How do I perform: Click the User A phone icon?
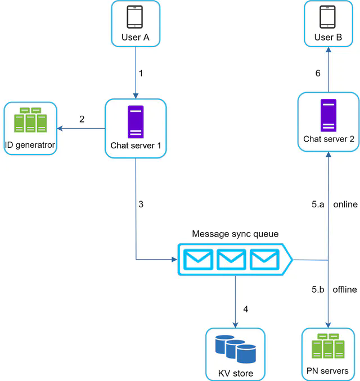pyautogui.click(x=135, y=17)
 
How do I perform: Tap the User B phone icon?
pyautogui.click(x=328, y=17)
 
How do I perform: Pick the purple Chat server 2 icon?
pyautogui.click(x=328, y=115)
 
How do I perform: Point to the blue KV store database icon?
pyautogui.click(x=235, y=348)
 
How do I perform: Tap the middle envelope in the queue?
pyautogui.click(x=230, y=260)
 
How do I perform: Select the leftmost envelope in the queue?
pyautogui.click(x=196, y=260)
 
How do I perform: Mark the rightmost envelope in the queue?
pyautogui.click(x=264, y=260)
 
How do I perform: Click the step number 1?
pyautogui.click(x=141, y=73)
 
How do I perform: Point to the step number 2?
pyautogui.click(x=82, y=119)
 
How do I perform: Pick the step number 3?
pyautogui.click(x=141, y=205)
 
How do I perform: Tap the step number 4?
pyautogui.click(x=245, y=309)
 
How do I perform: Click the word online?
pyautogui.click(x=345, y=205)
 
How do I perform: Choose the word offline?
pyautogui.click(x=345, y=289)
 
